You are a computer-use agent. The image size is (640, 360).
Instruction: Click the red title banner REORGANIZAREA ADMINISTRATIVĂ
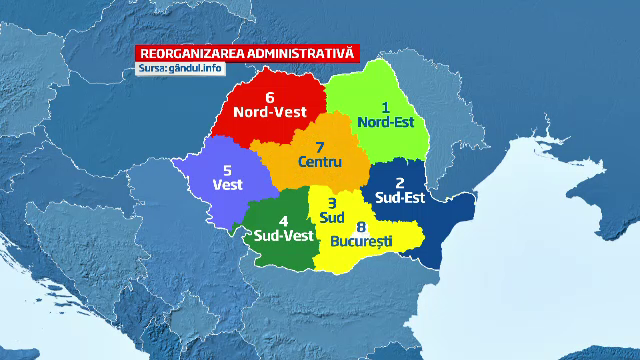[247, 53]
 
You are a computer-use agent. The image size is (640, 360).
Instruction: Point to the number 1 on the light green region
[386, 107]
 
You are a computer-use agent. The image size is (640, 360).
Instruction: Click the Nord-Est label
[391, 123]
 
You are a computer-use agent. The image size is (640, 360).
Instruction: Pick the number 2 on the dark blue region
[400, 182]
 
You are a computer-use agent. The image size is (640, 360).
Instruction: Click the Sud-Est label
[400, 198]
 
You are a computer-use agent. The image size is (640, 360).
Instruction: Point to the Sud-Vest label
[283, 236]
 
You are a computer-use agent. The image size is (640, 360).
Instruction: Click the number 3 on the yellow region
[332, 202]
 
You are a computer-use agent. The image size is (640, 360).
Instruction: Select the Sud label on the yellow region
[332, 217]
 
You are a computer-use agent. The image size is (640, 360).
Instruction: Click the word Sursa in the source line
[153, 68]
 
